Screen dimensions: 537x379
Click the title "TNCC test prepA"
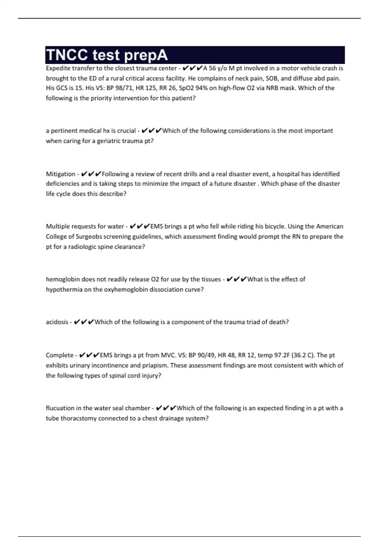point(107,55)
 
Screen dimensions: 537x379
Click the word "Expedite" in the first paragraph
point(57,68)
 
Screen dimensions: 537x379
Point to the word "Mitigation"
point(61,174)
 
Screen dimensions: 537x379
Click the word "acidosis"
point(57,322)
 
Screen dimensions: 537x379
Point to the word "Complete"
point(59,355)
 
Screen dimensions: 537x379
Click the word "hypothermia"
point(64,290)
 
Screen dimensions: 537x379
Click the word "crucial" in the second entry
point(126,131)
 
